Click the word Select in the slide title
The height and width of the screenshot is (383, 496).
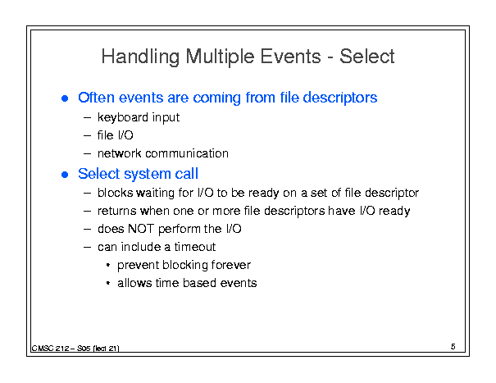(367, 57)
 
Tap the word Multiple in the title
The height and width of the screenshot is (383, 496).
(220, 57)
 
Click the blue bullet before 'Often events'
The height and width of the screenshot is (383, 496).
(65, 98)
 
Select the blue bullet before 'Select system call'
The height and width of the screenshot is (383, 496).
(65, 175)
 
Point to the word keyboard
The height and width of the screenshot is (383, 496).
(123, 117)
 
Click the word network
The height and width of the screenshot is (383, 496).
(119, 153)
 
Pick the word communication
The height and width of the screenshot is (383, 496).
(187, 153)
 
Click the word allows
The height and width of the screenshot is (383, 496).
(134, 283)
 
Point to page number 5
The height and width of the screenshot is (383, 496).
(453, 347)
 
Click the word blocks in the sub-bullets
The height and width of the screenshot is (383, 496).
(115, 193)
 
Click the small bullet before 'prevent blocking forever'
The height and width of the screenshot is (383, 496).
(108, 265)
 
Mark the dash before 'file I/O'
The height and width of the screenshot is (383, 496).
(87, 136)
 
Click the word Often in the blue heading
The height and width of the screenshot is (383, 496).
(96, 98)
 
